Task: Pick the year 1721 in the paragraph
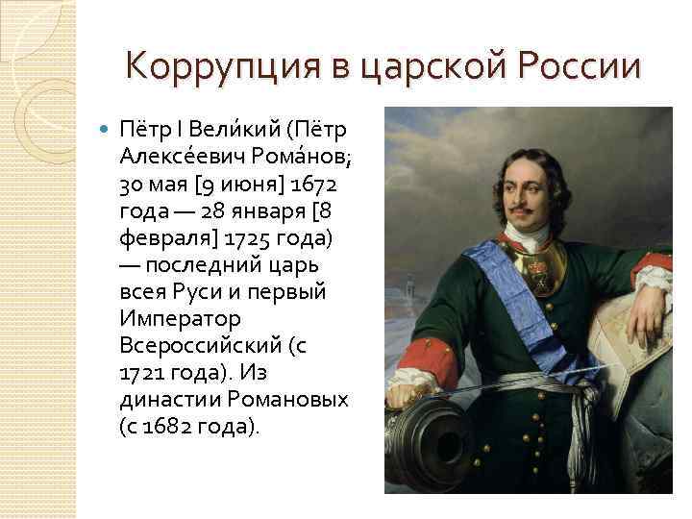pos(144,371)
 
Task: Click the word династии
pos(169,398)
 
